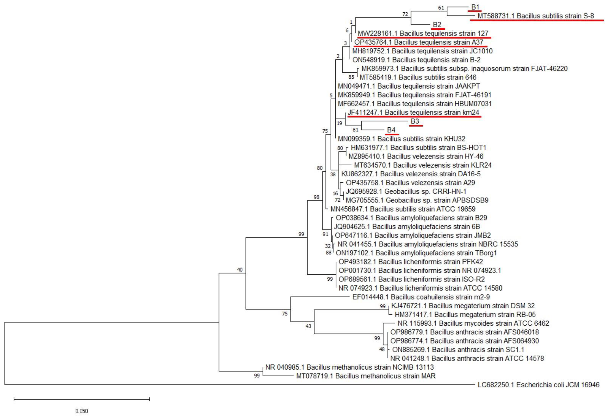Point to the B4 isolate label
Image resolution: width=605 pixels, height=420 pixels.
[x=391, y=130]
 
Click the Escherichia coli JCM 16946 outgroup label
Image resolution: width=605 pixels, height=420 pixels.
[x=538, y=385]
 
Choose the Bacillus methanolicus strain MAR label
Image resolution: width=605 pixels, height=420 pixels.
[x=366, y=376]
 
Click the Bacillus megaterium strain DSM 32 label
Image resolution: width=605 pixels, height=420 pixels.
[x=463, y=306]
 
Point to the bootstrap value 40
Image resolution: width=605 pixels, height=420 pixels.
[x=240, y=270]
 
